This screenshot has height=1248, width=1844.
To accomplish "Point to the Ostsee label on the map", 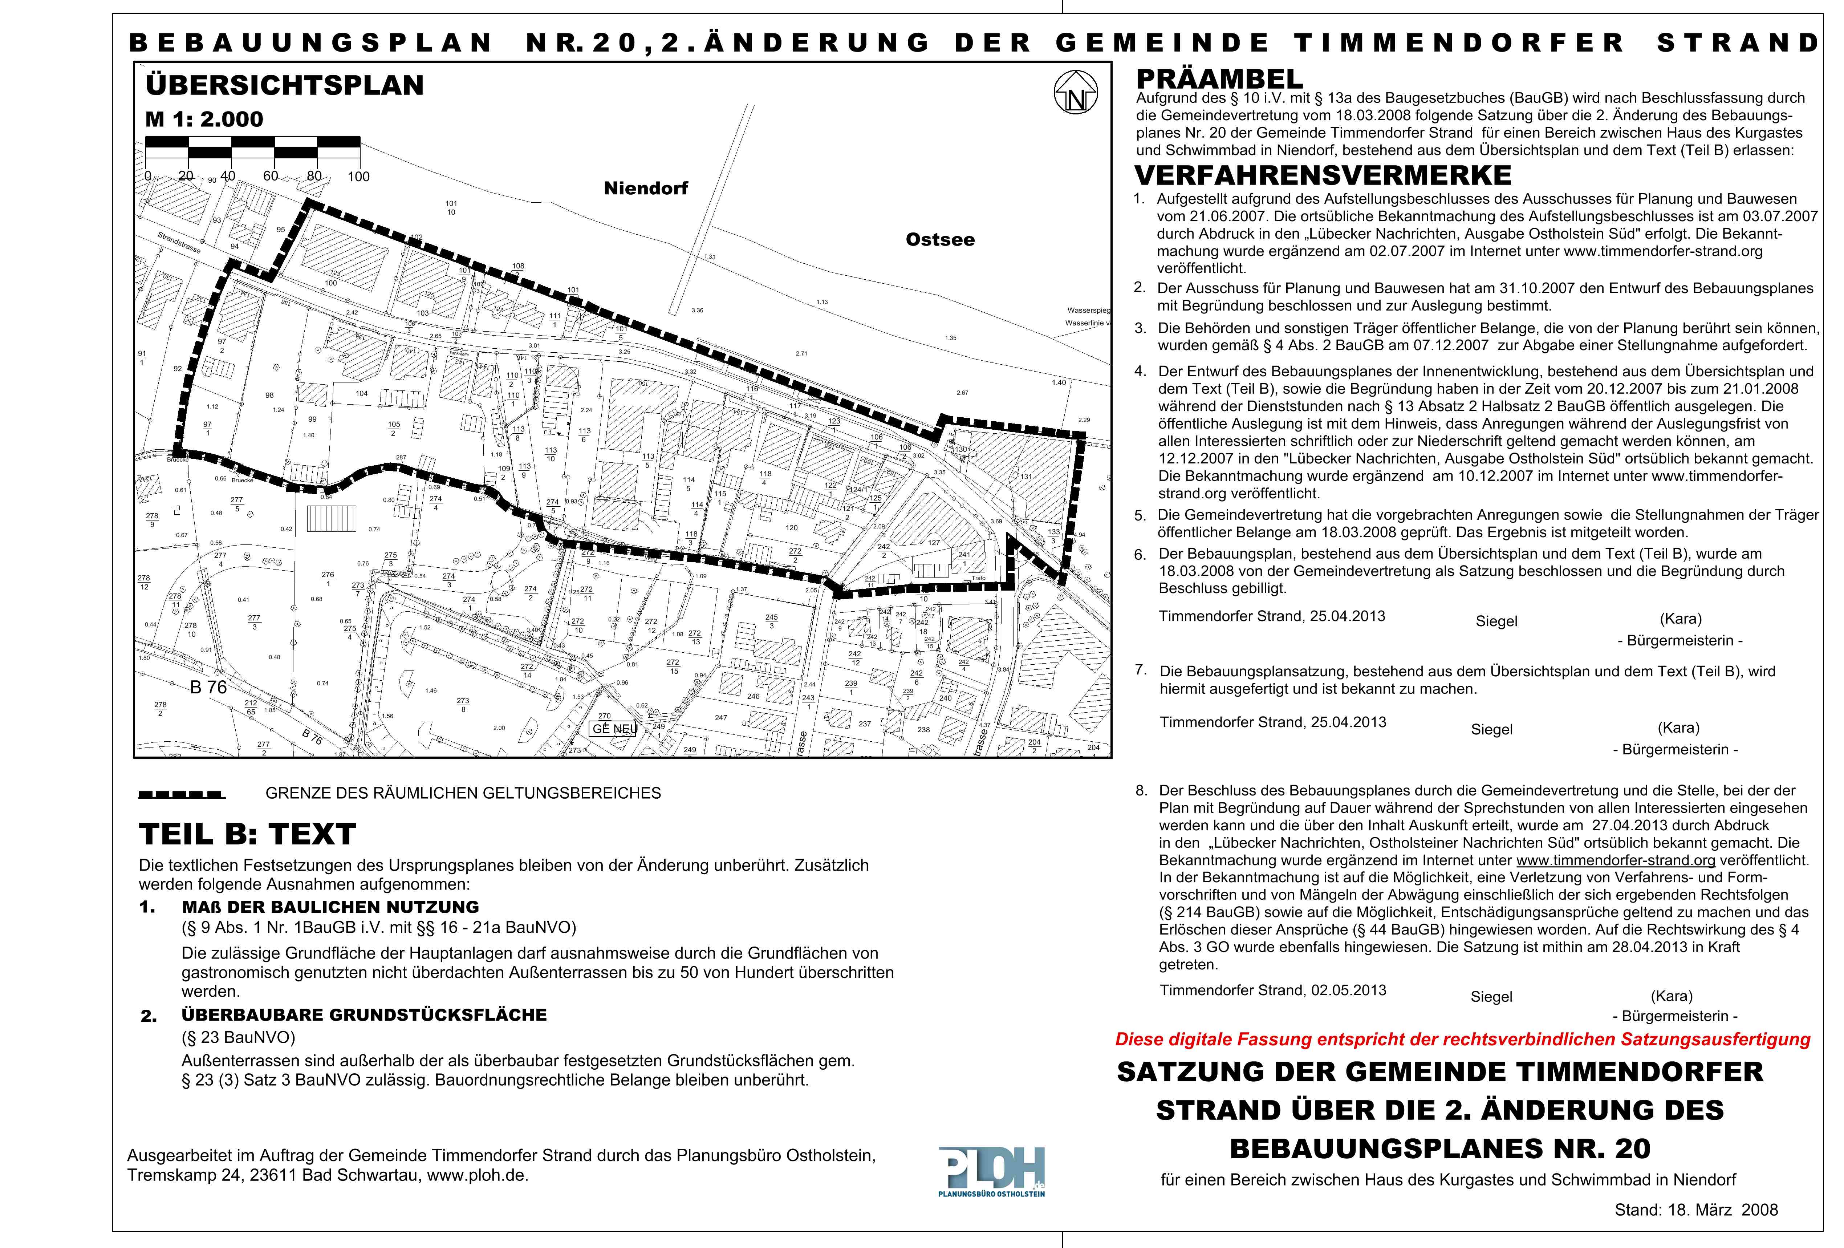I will tap(940, 240).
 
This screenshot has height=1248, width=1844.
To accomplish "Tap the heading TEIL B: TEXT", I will tap(248, 835).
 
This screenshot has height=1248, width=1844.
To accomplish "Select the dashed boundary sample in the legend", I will tap(182, 793).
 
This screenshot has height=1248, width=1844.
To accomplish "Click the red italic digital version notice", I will tap(1462, 1040).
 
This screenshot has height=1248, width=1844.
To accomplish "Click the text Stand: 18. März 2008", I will tap(1695, 1210).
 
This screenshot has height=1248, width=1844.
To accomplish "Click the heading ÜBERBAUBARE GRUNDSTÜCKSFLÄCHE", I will tap(364, 1015).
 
